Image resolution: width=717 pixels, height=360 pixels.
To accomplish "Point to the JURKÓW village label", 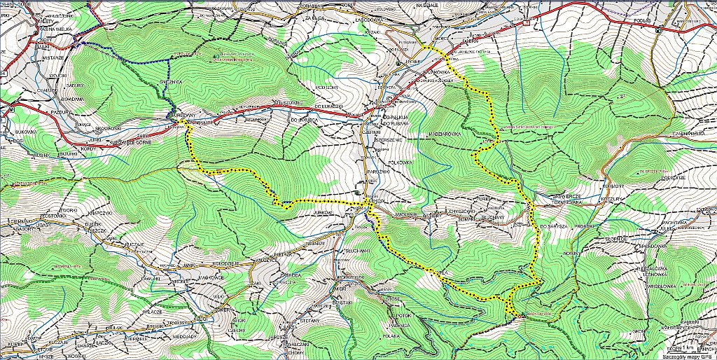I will (x=321, y=211).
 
